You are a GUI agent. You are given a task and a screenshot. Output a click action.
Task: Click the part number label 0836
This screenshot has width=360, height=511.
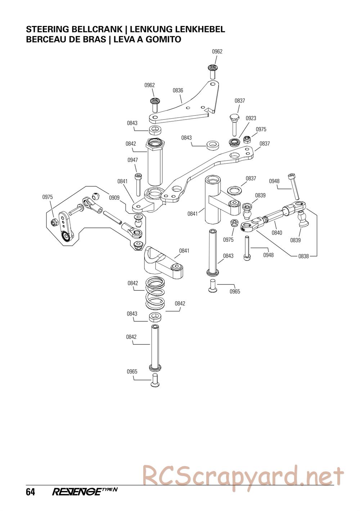coord(178,91)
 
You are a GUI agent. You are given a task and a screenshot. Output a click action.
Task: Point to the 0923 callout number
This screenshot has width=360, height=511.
coord(251,118)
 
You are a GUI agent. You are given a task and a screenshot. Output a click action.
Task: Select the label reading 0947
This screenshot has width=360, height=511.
coord(132,160)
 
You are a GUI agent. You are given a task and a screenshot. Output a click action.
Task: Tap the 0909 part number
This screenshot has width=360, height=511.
coord(114,198)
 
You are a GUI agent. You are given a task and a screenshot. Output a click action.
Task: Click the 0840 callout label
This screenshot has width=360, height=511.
coord(277,232)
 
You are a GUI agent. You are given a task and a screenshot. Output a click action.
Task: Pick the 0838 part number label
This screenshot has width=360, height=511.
coord(303,256)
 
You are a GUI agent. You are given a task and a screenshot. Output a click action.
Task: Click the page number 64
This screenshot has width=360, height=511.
coord(30,492)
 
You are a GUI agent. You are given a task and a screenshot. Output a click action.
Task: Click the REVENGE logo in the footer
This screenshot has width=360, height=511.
coord(85,492)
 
